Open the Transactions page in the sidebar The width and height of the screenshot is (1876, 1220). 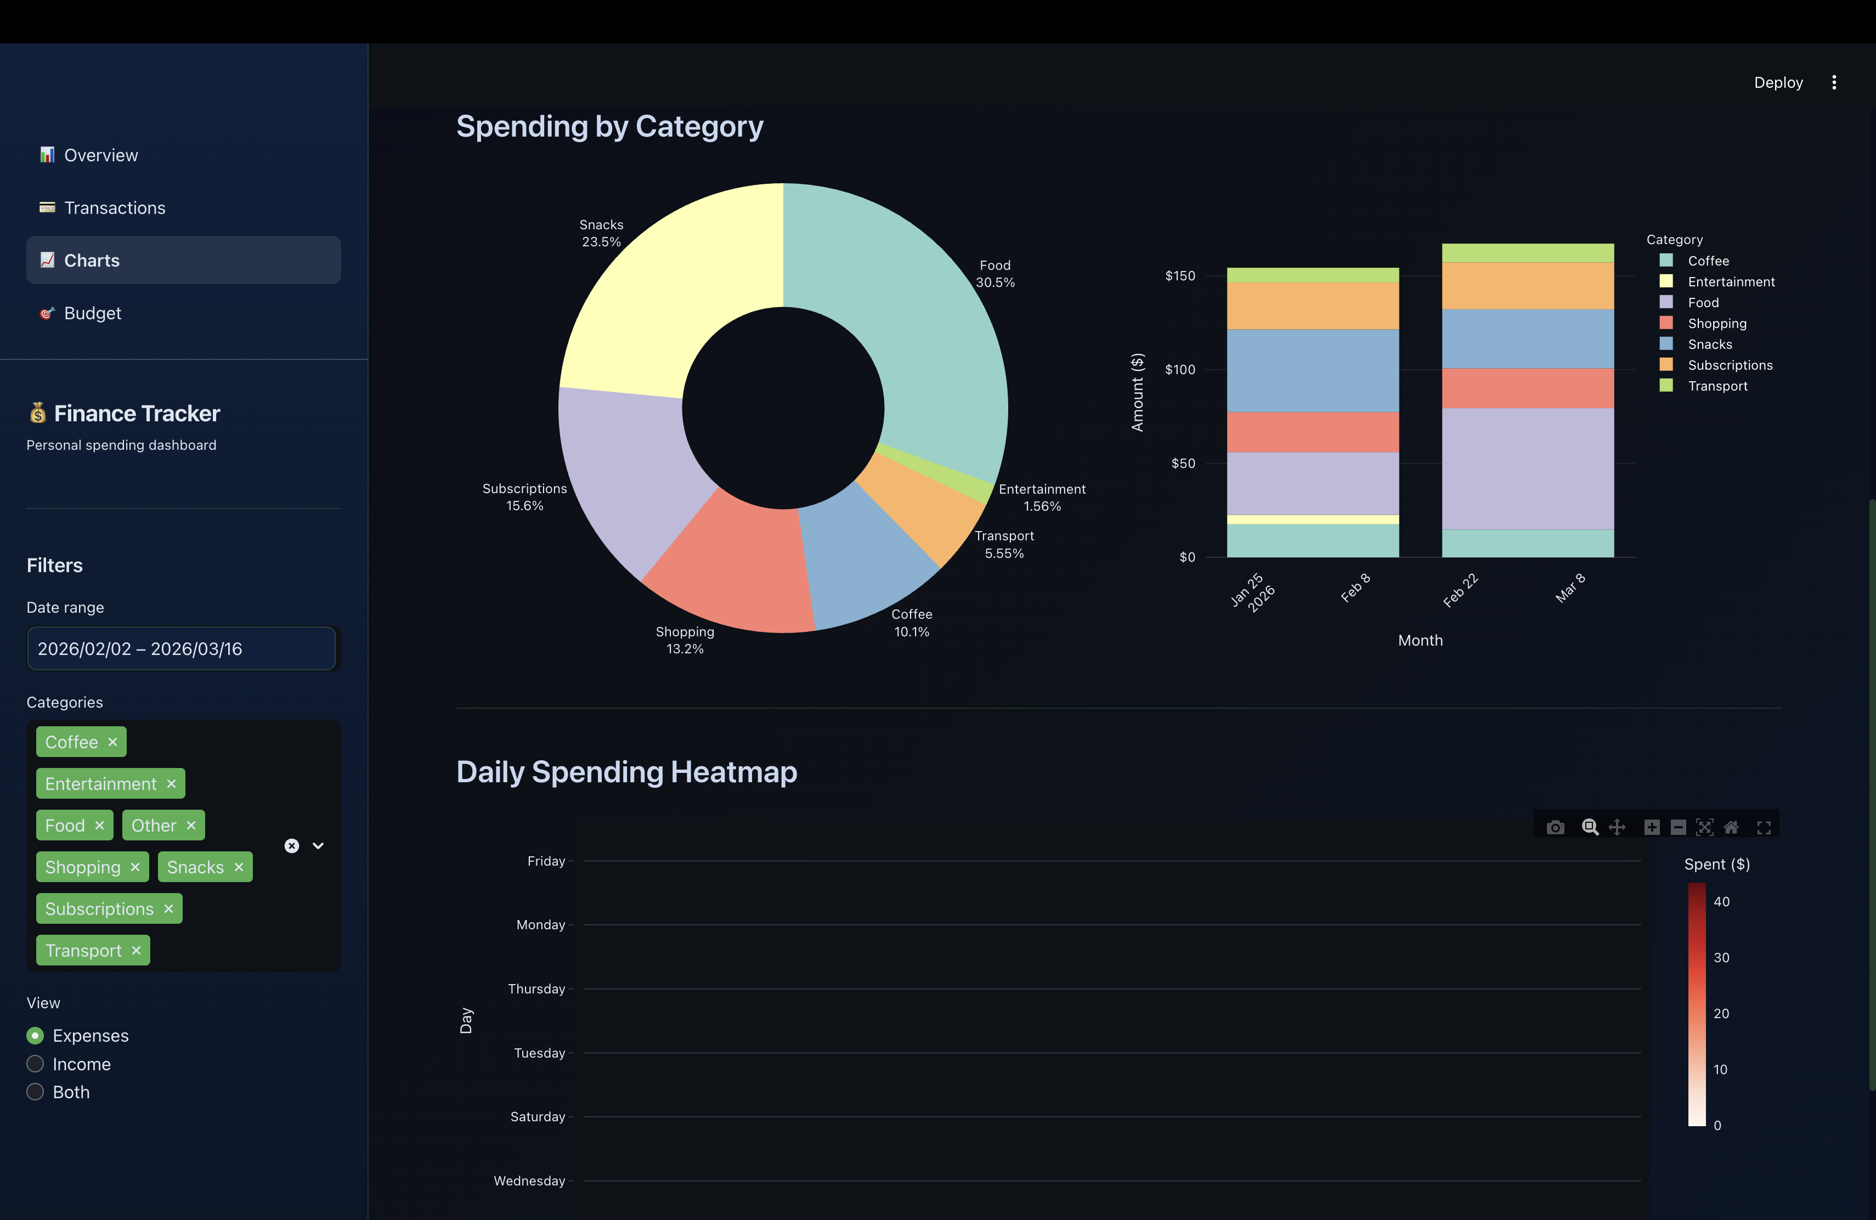pyautogui.click(x=114, y=208)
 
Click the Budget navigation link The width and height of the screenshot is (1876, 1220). pyautogui.click(x=92, y=314)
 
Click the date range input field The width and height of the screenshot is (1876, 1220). pyautogui.click(x=182, y=648)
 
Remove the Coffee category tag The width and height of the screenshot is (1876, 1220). pyautogui.click(x=112, y=742)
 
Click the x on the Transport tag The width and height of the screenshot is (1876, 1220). pyautogui.click(x=137, y=951)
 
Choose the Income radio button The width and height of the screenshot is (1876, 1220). pyautogui.click(x=36, y=1064)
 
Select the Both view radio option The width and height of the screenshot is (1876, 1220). pyautogui.click(x=36, y=1092)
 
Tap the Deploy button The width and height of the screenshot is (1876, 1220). pyautogui.click(x=1777, y=83)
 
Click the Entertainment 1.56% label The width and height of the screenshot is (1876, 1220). pyautogui.click(x=1041, y=498)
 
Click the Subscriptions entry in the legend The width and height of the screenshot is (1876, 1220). pyautogui.click(x=1730, y=365)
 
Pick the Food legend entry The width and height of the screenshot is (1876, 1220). pyautogui.click(x=1703, y=303)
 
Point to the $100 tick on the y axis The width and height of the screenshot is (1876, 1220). pyautogui.click(x=1180, y=370)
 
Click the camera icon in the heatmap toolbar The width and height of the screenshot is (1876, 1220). pyautogui.click(x=1555, y=828)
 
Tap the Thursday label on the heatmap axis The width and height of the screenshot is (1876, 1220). pyautogui.click(x=537, y=989)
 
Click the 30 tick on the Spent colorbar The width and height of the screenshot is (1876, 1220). pyautogui.click(x=1721, y=958)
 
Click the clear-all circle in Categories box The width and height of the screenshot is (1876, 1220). pyautogui.click(x=292, y=846)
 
